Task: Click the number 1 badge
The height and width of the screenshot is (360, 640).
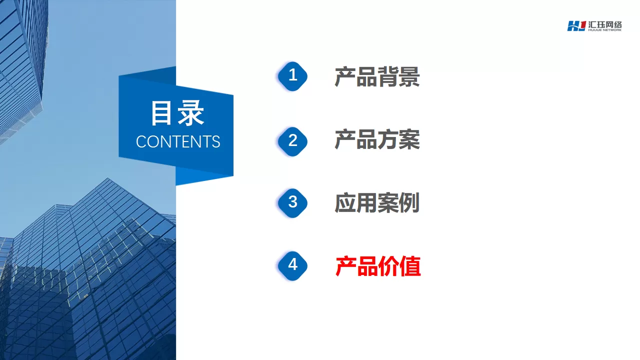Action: click(x=292, y=76)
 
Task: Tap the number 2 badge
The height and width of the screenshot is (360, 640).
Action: click(x=292, y=141)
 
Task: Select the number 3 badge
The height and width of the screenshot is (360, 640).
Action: click(x=292, y=203)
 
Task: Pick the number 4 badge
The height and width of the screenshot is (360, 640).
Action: click(x=292, y=265)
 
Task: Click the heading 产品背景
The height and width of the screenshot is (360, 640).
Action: click(x=377, y=77)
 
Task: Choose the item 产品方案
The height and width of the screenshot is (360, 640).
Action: click(x=377, y=139)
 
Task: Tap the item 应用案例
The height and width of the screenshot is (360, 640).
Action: click(x=377, y=203)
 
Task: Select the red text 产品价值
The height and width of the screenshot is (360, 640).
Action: click(x=377, y=266)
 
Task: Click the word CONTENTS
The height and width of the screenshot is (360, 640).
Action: click(x=178, y=141)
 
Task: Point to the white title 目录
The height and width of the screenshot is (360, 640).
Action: click(x=177, y=113)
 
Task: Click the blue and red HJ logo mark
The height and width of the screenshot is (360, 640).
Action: click(x=576, y=26)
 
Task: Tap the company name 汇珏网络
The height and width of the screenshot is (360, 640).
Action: click(x=604, y=24)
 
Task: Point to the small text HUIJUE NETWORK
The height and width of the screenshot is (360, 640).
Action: click(x=604, y=30)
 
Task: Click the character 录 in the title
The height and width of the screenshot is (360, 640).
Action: click(x=191, y=113)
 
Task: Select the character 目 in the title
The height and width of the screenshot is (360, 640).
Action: click(x=161, y=113)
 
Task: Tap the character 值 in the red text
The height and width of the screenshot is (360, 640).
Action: click(x=410, y=266)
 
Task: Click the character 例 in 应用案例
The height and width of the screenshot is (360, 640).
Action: click(x=409, y=203)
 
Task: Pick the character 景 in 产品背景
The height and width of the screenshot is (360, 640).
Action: click(x=409, y=77)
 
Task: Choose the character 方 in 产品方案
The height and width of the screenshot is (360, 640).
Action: click(x=388, y=139)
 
